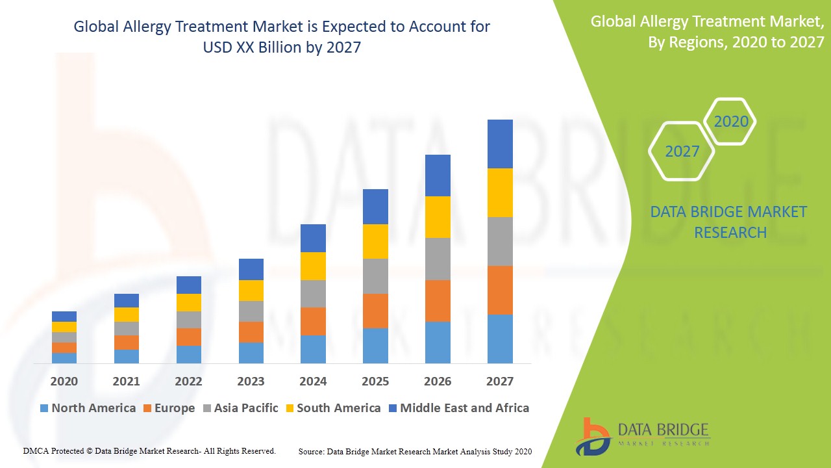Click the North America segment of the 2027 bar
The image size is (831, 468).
tap(500, 339)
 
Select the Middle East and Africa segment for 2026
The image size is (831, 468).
tap(438, 175)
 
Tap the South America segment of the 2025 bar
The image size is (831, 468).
tap(375, 241)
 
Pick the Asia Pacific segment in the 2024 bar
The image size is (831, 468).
tap(313, 294)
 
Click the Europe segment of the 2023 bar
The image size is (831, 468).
tap(251, 331)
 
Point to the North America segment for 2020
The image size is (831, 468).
tap(64, 357)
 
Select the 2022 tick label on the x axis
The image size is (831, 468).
tap(188, 382)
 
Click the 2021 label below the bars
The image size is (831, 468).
tap(126, 382)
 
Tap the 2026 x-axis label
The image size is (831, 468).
tap(438, 382)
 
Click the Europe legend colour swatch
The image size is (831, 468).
tap(147, 409)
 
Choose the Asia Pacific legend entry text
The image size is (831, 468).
tap(246, 408)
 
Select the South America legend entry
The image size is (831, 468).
tap(338, 408)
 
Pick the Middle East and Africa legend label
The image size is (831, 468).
tap(464, 408)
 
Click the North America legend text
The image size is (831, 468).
tap(93, 408)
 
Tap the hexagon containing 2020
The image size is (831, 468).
tap(730, 122)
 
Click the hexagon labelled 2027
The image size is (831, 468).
tap(682, 151)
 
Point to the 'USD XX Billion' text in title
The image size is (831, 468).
tap(250, 47)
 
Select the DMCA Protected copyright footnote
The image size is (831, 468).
tap(149, 450)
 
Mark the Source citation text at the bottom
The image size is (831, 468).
tap(415, 451)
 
